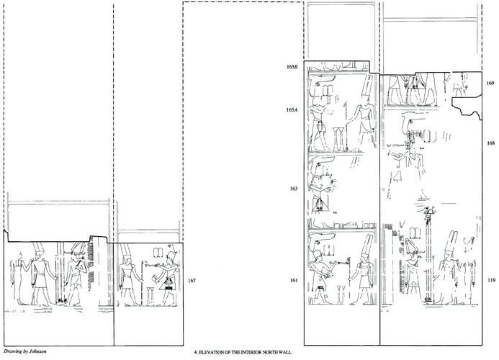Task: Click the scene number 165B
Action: [x=292, y=68]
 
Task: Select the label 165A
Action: [x=292, y=110]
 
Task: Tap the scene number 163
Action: [x=293, y=189]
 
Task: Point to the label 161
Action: [x=293, y=280]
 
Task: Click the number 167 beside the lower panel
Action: [x=192, y=280]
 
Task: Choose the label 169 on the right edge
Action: [x=490, y=83]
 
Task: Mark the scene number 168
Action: [x=490, y=143]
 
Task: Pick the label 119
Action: [x=490, y=280]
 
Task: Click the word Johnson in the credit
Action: [x=38, y=351]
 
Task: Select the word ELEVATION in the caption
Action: [x=210, y=353]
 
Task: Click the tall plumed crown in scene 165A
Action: [x=367, y=89]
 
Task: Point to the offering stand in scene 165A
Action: [x=337, y=139]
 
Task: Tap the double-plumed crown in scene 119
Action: [x=451, y=241]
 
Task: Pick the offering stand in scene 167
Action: [x=150, y=297]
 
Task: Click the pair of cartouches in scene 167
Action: [x=157, y=253]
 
